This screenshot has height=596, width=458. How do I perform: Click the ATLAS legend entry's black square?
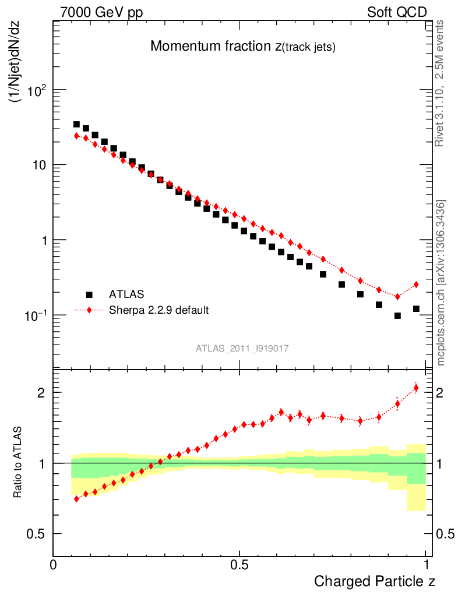89,295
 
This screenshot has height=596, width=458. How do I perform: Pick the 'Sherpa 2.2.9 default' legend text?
159,310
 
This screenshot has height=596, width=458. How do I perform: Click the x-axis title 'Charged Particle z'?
375,581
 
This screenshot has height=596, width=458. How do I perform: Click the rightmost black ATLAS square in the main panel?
416,308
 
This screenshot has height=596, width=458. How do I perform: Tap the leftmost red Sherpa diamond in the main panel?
76,136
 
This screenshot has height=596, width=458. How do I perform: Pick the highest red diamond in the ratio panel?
416,388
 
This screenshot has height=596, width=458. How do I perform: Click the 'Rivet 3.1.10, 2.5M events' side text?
440,82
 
